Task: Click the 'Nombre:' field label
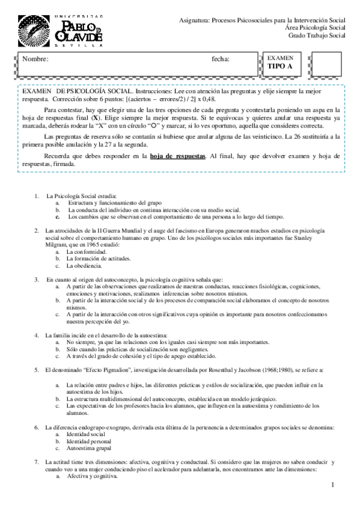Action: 35,60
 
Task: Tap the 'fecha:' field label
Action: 221,60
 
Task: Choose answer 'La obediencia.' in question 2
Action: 85,265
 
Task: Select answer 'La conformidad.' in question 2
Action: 87,252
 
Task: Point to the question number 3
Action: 37,279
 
